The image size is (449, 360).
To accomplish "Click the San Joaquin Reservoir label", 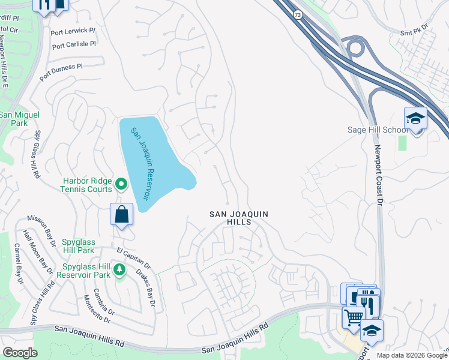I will click(x=140, y=164).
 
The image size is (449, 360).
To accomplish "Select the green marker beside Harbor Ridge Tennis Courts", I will click(x=121, y=184).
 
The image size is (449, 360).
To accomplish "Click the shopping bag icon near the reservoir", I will click(x=121, y=214).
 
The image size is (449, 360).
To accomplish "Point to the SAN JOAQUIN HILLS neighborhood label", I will click(x=238, y=218).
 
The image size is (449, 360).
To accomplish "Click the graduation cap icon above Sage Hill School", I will click(x=415, y=118).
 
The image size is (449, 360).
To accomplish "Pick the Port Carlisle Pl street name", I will click(x=74, y=45).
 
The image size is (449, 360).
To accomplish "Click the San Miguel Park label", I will click(x=14, y=119).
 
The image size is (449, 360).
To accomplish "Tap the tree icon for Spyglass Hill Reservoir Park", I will click(x=119, y=270).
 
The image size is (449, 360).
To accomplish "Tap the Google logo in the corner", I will click(x=20, y=353).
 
